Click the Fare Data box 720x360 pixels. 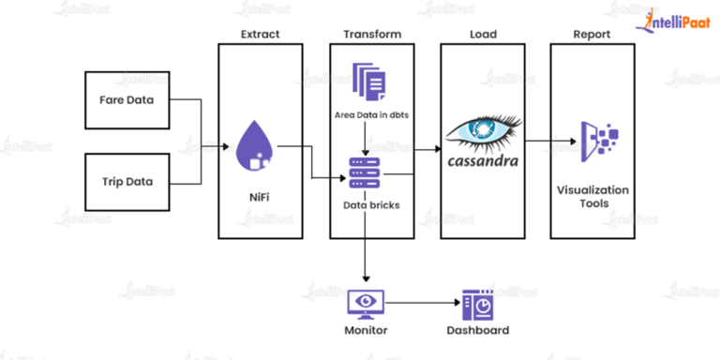point(126,99)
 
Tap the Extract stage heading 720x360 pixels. point(259,35)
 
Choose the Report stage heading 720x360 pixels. point(592,35)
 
